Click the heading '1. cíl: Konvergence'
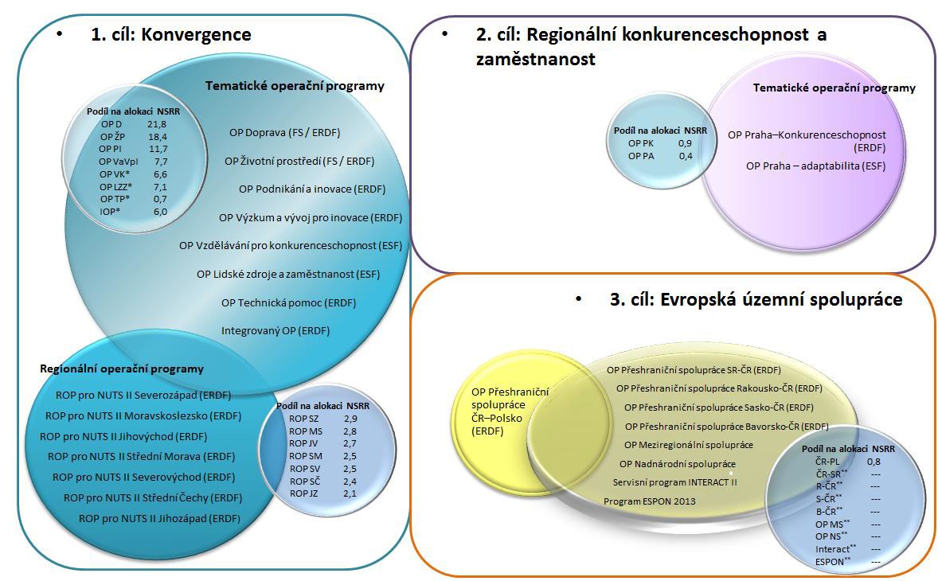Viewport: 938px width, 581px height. (x=171, y=35)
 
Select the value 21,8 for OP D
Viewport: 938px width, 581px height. (x=157, y=124)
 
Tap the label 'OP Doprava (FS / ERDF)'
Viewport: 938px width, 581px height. (x=285, y=133)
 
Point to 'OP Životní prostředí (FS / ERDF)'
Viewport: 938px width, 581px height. (x=299, y=161)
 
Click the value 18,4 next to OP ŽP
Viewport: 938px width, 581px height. (x=158, y=137)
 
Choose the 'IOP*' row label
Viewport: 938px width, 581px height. (x=109, y=212)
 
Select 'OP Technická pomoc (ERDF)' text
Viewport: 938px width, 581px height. (x=288, y=303)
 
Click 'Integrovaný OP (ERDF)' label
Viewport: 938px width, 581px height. (x=276, y=330)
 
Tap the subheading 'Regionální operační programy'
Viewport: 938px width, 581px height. (x=122, y=368)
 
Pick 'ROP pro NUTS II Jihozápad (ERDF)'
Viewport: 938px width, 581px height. (x=159, y=519)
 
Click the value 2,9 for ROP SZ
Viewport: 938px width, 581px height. (x=350, y=419)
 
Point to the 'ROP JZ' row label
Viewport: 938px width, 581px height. (x=304, y=493)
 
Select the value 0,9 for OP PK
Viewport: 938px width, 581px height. (x=685, y=143)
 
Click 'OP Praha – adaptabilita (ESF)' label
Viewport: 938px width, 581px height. (x=816, y=166)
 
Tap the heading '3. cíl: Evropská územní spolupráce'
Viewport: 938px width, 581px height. (x=756, y=299)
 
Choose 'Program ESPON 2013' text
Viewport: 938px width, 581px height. (x=650, y=501)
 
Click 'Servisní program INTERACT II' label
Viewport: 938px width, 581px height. (x=674, y=482)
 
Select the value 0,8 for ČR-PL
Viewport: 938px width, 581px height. (x=874, y=462)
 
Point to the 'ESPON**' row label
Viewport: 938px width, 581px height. (x=833, y=562)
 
